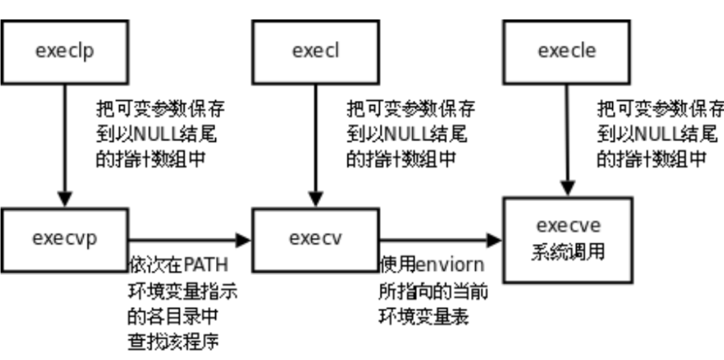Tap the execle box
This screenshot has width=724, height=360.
coord(566,52)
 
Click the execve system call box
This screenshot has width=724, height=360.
coord(566,239)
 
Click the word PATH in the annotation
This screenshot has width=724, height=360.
coord(210,265)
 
